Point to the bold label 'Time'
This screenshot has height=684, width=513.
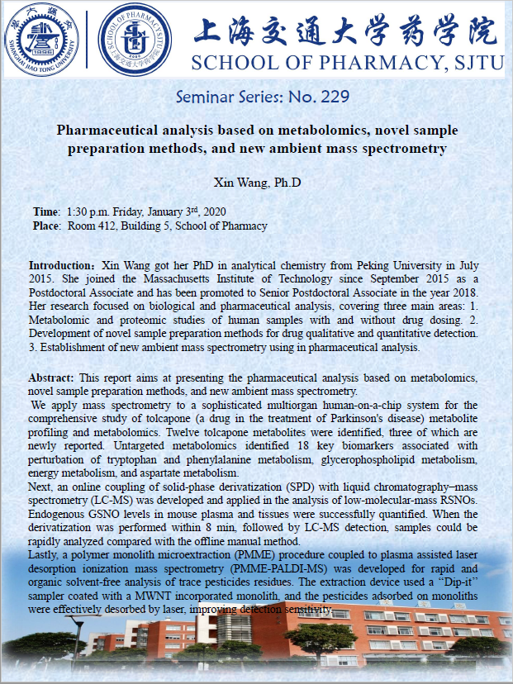[45, 211]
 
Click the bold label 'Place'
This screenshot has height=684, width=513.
[46, 226]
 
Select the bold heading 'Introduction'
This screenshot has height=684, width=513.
[61, 266]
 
